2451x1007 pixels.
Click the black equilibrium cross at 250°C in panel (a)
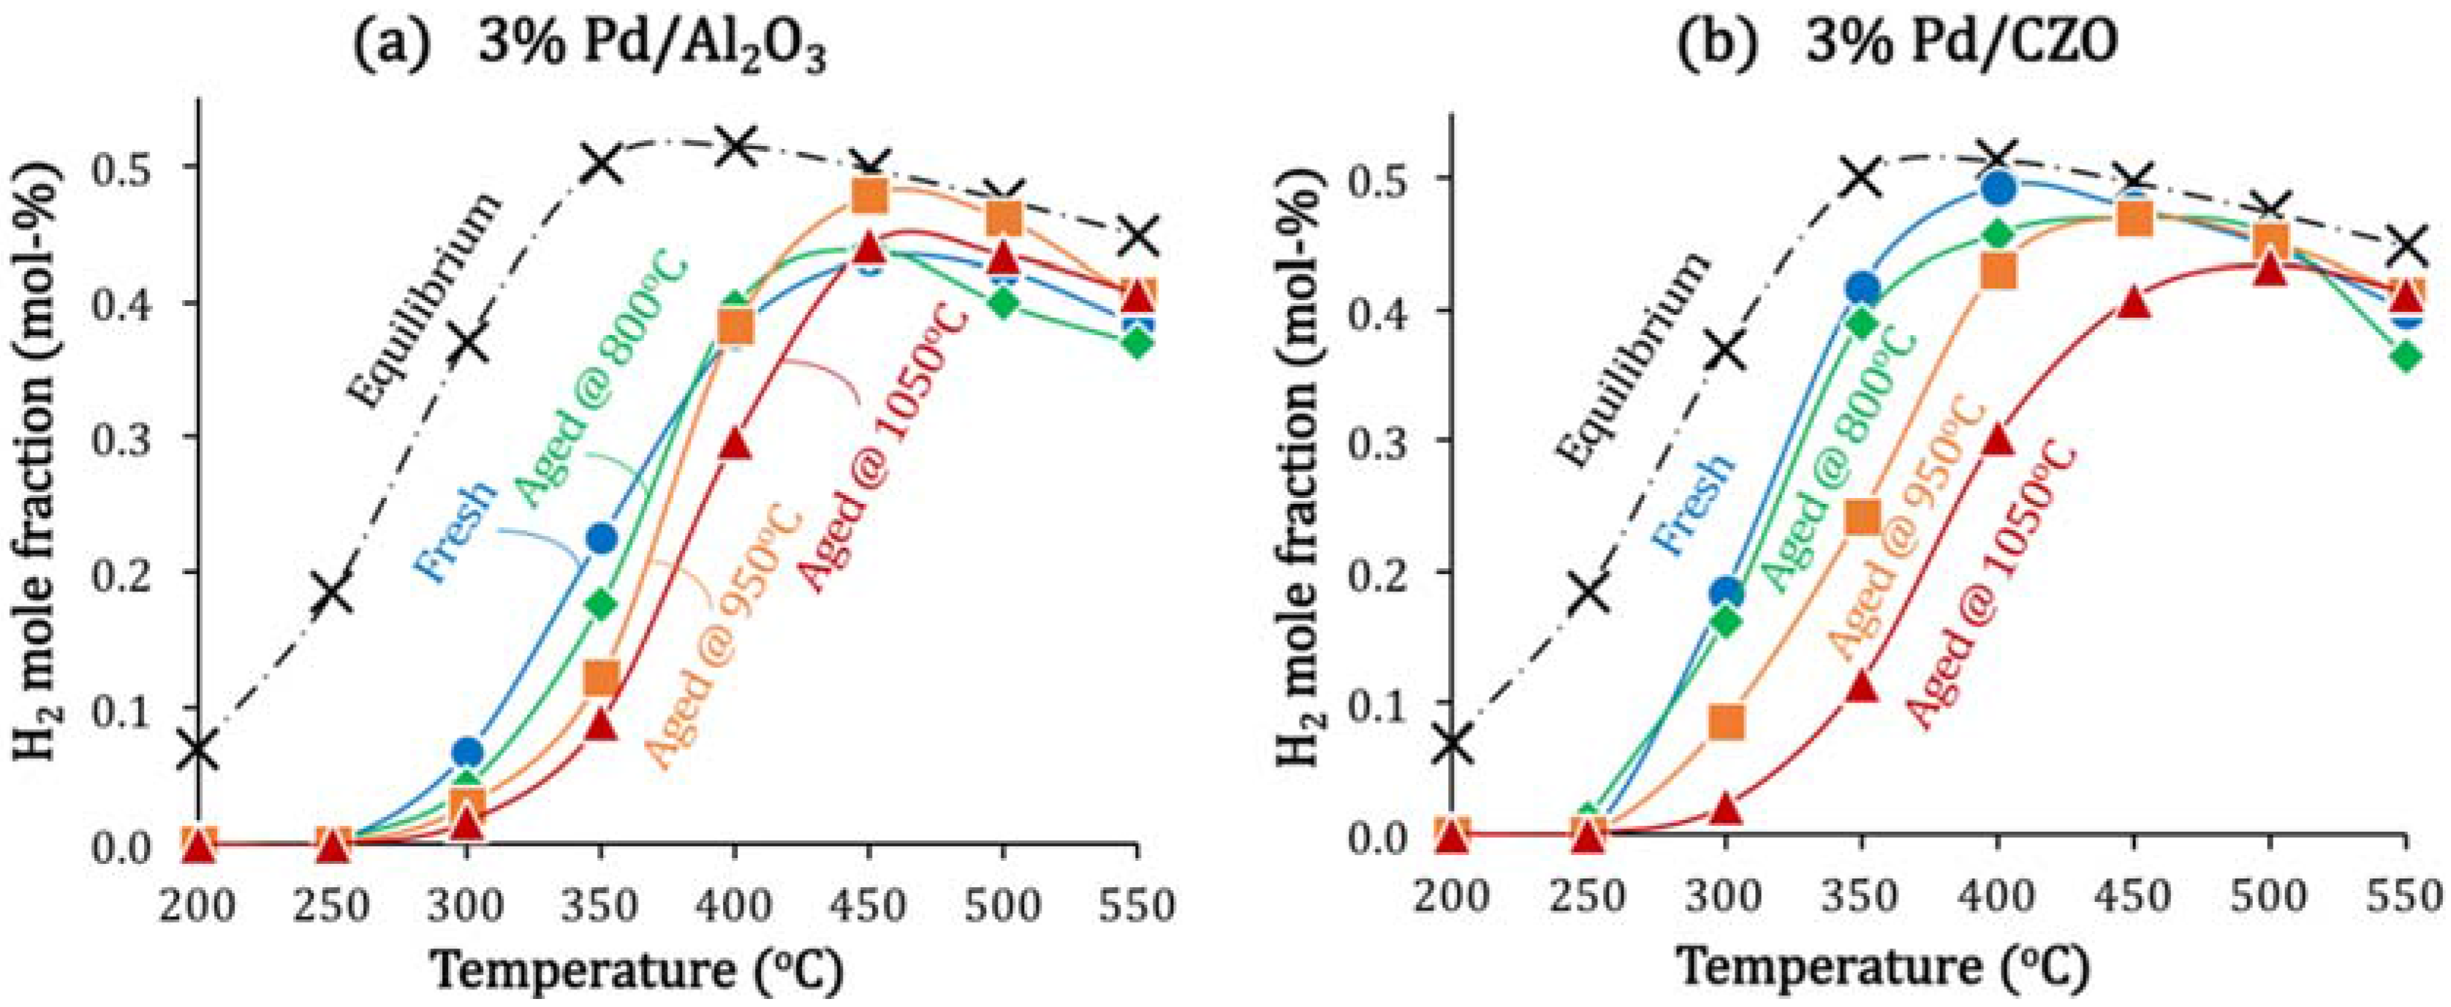(332, 592)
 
